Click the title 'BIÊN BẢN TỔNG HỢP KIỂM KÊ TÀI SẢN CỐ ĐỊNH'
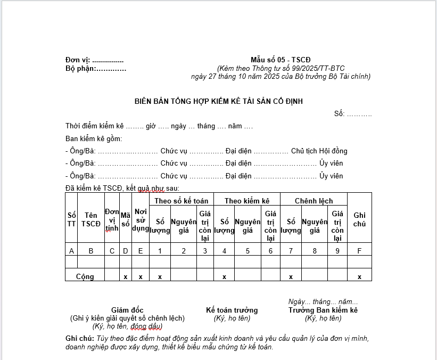[x=218, y=101]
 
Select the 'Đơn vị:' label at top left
[x=78, y=60]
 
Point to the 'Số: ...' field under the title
[x=353, y=113]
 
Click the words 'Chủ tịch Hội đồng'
[x=319, y=151]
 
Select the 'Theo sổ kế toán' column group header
[x=181, y=201]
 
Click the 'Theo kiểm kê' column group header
[x=247, y=201]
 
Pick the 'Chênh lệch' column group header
[x=314, y=201]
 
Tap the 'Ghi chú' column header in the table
[x=359, y=219]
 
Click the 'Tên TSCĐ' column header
[x=91, y=219]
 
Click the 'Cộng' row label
[x=85, y=277]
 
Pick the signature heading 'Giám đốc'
[x=127, y=310]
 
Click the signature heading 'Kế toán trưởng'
[x=232, y=310]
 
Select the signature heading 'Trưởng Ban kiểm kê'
[x=323, y=310]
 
